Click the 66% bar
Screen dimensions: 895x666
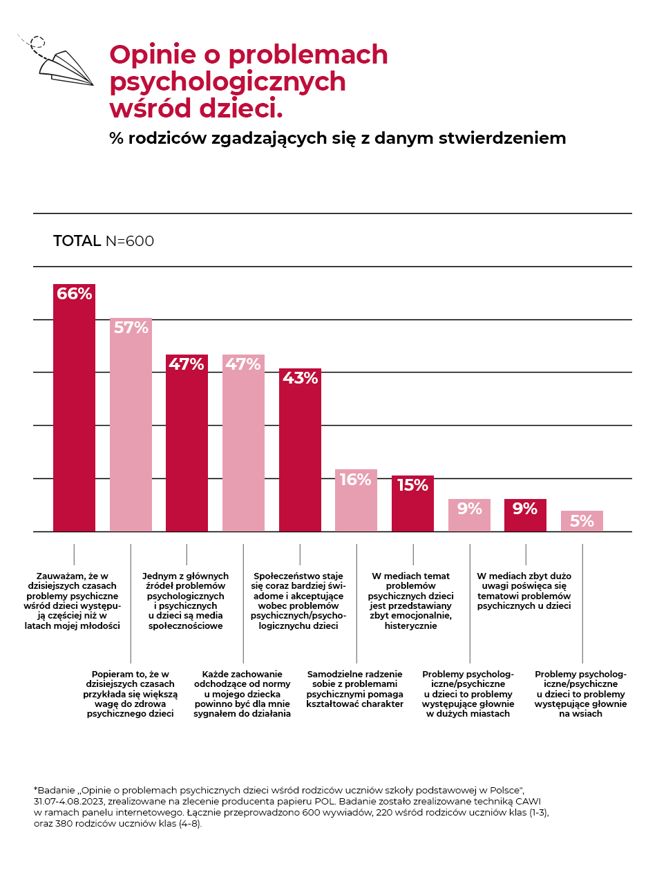tap(74, 415)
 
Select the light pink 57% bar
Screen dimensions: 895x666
tap(131, 428)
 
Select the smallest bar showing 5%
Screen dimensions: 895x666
tap(582, 521)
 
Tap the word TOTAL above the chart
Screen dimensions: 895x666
tap(77, 241)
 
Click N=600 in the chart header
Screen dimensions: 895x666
tap(129, 241)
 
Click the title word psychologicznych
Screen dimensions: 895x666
tap(227, 82)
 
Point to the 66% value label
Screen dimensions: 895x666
tap(74, 294)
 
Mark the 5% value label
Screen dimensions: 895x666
tap(582, 521)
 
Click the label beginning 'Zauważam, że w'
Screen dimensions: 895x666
tap(73, 601)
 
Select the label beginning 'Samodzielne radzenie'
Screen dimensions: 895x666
tap(354, 689)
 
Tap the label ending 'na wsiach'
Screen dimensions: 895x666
tap(580, 694)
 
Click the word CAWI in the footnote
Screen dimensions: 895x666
tap(527, 801)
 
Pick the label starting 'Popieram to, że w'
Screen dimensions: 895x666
tap(130, 694)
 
